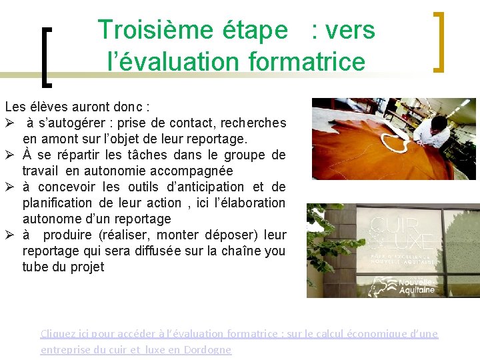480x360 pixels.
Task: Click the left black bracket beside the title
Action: [46, 57]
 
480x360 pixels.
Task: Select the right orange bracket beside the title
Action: [439, 41]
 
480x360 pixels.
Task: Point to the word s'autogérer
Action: [73, 123]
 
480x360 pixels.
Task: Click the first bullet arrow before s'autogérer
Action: [9, 123]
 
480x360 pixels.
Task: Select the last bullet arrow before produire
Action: [9, 235]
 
